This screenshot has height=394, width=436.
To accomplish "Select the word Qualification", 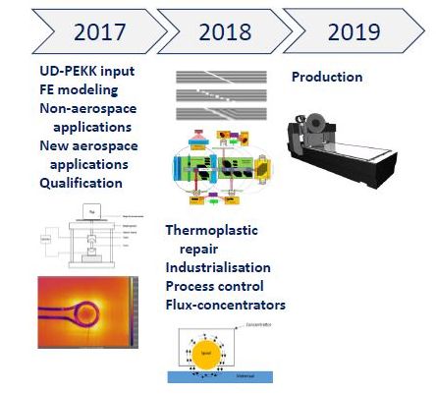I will click(81, 183).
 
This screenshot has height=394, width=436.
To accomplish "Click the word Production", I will click(327, 77).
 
